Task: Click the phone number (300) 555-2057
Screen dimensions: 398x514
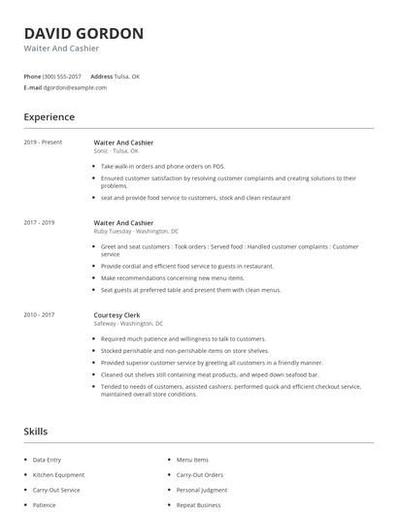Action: [x=62, y=76]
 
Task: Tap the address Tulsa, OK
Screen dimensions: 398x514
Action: [x=128, y=76]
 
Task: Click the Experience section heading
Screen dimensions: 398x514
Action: [x=49, y=117]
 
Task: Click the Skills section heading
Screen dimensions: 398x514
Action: [x=36, y=431]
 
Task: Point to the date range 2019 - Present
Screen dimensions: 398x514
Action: [x=43, y=143]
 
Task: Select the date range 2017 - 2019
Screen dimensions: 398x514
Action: [x=39, y=223]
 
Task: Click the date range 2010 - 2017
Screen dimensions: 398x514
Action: [x=39, y=314]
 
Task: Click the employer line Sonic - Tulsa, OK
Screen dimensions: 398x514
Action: [x=116, y=151]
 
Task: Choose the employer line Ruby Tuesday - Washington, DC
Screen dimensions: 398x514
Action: [x=136, y=232]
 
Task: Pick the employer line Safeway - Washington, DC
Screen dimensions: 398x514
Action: [x=128, y=323]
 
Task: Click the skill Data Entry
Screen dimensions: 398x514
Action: [x=47, y=460]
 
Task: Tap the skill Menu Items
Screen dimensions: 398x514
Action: [x=192, y=460]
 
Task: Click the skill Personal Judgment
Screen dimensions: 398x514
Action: [x=202, y=491]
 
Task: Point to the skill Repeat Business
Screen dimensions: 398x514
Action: [x=198, y=505]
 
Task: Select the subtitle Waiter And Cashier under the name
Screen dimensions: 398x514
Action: [x=61, y=48]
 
